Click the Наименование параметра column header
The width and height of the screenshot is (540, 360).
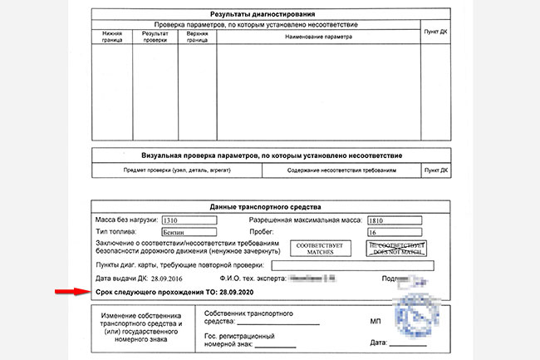tap(319, 37)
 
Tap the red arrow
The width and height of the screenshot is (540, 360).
tap(71, 293)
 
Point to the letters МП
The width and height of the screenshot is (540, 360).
tap(375, 319)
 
